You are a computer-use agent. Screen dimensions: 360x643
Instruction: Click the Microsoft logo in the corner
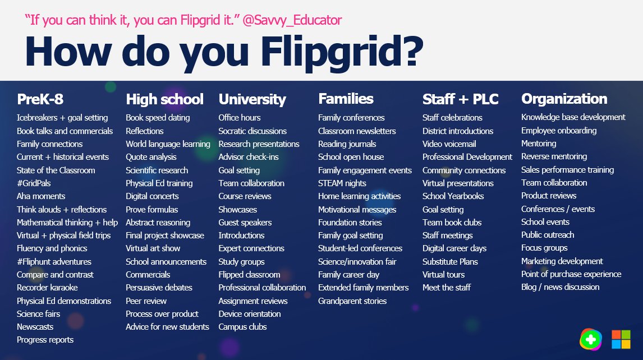tap(621, 339)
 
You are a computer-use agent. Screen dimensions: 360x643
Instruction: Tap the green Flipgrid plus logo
tap(590, 339)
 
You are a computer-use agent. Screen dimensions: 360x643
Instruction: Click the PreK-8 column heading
tap(40, 99)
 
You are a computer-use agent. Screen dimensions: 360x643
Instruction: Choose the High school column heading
tap(164, 99)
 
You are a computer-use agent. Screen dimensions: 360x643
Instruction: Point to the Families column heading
tap(346, 99)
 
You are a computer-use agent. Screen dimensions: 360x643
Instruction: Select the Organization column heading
tap(564, 99)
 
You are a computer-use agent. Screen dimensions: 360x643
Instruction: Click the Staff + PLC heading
tap(460, 99)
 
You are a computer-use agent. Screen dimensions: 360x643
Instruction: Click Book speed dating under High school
tap(158, 118)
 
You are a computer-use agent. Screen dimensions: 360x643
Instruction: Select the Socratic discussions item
tap(252, 131)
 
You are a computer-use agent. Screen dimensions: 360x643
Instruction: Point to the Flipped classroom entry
tap(249, 275)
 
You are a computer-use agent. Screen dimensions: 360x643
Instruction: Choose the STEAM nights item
tap(342, 183)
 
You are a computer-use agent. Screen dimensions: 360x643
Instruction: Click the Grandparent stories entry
tap(352, 301)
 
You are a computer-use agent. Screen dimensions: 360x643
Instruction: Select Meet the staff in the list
tap(446, 288)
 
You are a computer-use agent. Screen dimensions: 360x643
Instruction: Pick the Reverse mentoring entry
tap(554, 156)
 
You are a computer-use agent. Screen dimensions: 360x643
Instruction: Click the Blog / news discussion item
tap(560, 287)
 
